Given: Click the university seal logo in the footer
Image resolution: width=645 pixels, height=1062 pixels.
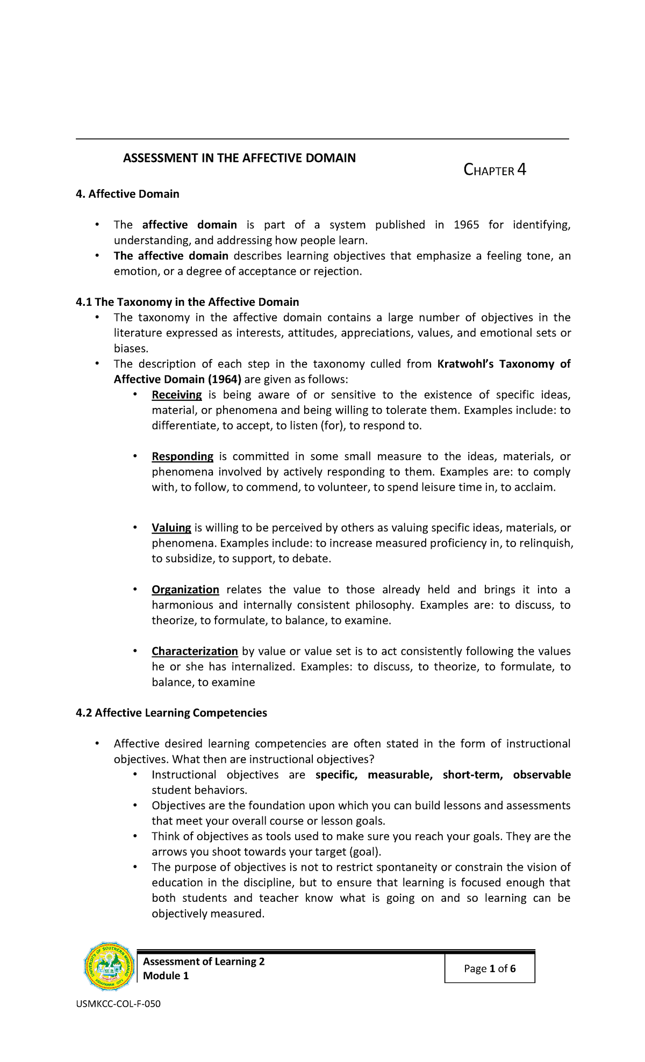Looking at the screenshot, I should point(110,966).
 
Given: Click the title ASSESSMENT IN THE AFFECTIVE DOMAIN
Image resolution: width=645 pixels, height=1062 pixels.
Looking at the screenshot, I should point(239,158).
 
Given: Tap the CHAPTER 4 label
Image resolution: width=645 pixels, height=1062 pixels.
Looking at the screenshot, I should point(494,170).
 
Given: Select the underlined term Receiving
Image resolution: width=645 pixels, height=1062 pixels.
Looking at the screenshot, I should point(176,395).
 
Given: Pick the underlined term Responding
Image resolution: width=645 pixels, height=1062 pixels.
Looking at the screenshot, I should point(182,457).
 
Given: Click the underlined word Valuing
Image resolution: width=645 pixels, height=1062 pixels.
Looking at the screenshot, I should point(171,528).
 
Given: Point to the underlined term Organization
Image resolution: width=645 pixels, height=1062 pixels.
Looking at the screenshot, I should point(185,590).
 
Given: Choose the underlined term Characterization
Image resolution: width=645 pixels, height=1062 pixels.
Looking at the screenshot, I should point(195,651).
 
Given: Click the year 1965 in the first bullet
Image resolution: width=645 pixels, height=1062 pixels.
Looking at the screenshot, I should point(466,225).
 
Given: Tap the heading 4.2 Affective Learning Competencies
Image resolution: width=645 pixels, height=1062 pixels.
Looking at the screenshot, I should point(171,713).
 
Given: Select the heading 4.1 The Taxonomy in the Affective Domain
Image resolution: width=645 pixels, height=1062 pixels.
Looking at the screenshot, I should point(187,302).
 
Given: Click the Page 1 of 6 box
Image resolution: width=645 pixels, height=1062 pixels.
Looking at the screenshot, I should point(490,968).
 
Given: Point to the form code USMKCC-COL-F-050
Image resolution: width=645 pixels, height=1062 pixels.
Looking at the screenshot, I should point(118,1004).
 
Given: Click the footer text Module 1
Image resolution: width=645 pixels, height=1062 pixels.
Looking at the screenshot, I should point(166,976).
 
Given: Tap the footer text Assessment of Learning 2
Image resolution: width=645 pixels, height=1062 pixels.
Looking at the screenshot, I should point(204,961).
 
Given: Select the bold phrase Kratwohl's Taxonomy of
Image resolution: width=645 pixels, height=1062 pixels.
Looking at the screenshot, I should point(504,364).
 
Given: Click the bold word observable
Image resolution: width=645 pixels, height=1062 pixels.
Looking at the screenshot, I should point(541,775).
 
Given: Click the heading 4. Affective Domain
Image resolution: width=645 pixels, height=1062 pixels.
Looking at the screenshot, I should point(127,194).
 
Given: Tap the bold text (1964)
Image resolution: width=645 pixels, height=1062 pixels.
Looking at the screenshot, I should point(224,379).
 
